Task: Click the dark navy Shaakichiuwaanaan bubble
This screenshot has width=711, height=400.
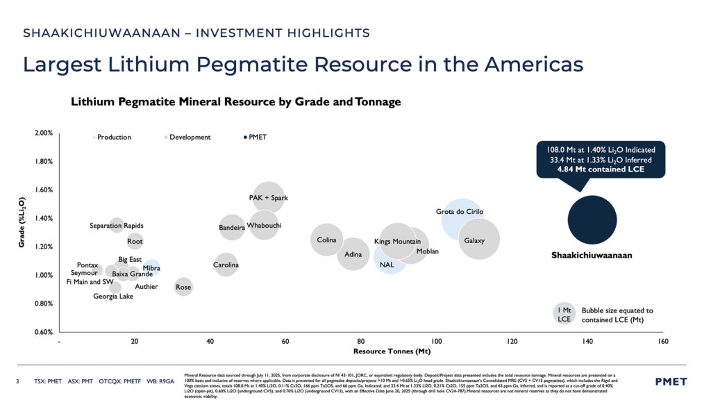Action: [x=592, y=220]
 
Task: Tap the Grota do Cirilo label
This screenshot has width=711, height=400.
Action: [x=459, y=211]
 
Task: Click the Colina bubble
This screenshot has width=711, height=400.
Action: [x=326, y=240]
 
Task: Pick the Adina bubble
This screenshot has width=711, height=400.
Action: [x=353, y=255]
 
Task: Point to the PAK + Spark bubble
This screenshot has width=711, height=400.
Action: [x=269, y=198]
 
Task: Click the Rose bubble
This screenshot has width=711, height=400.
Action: [x=183, y=287]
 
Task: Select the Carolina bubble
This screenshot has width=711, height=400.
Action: [x=226, y=265]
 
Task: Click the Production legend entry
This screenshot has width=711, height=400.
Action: [x=112, y=137]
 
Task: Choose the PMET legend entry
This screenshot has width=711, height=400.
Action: [x=257, y=137]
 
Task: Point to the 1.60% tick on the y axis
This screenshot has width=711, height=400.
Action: [x=44, y=190]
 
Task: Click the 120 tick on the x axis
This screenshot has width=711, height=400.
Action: [x=512, y=342]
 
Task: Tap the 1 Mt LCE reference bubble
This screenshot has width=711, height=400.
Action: [x=564, y=315]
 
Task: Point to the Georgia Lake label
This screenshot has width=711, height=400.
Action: [x=113, y=297]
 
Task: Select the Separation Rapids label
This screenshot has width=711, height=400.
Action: [x=117, y=226]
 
